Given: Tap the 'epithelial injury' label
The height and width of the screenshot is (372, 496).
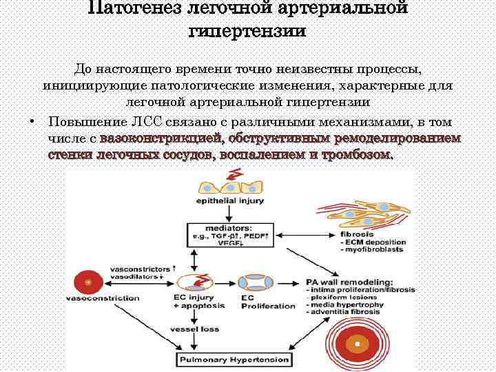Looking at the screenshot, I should click(x=223, y=202).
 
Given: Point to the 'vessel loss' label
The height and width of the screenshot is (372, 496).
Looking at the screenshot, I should click(x=200, y=329).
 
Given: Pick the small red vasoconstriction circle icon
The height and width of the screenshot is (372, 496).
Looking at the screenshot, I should click(x=88, y=282).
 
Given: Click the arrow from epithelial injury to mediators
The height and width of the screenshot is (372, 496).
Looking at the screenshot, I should click(x=223, y=214).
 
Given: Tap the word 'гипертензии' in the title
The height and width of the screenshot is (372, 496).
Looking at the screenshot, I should click(x=247, y=32).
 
